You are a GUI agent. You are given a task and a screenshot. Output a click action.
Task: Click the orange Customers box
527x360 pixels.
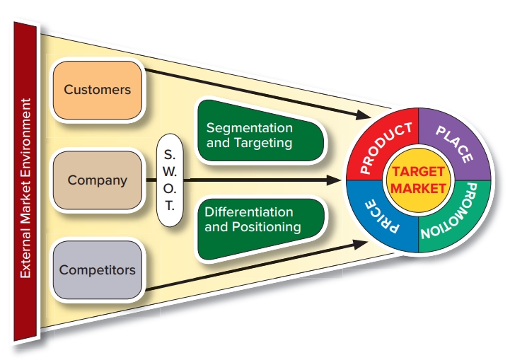[x=98, y=90]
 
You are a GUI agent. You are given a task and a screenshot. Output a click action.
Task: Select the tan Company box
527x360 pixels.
[x=98, y=180]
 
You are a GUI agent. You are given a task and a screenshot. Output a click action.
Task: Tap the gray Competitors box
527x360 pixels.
[x=98, y=269]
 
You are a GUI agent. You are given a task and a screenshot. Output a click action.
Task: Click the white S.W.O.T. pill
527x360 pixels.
[x=170, y=180]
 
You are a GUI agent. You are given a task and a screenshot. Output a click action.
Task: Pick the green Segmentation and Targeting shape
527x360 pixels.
[x=258, y=135]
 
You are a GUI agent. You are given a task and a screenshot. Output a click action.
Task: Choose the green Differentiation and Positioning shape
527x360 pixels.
[x=258, y=220]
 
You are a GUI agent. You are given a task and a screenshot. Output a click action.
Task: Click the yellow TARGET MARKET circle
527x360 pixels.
[x=418, y=180]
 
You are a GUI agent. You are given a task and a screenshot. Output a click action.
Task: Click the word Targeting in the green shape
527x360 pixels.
[x=267, y=143]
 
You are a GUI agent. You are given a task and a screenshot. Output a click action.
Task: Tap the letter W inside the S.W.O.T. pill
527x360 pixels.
[x=170, y=171]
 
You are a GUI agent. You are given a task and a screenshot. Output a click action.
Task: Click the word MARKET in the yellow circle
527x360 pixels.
[x=418, y=189]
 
